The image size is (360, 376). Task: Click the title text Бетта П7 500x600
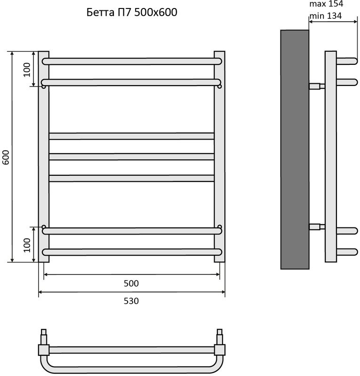pyautogui.click(x=132, y=12)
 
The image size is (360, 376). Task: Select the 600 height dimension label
pyautogui.click(x=6, y=157)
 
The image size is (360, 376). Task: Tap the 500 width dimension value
pyautogui.click(x=131, y=283)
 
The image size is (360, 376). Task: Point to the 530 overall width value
pyautogui.click(x=131, y=301)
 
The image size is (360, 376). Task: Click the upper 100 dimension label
pyautogui.click(x=27, y=70)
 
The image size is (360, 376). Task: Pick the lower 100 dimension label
pyautogui.click(x=27, y=245)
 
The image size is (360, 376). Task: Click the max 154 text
pyautogui.click(x=326, y=4)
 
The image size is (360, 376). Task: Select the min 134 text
pyautogui.click(x=326, y=16)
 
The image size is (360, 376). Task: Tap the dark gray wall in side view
pyautogui.click(x=295, y=149)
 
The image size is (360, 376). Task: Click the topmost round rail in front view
pyautogui.click(x=132, y=62)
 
